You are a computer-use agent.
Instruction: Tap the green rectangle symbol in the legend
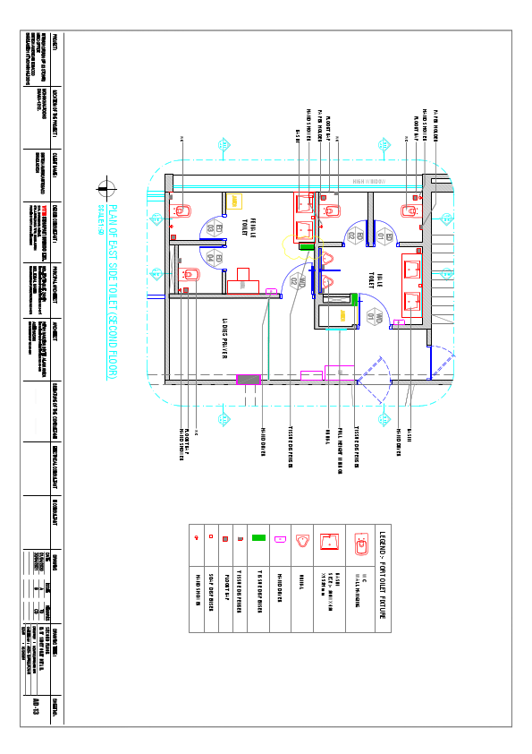258,540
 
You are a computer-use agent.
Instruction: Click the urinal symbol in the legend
305,540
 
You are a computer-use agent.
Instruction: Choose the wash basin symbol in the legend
331,540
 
